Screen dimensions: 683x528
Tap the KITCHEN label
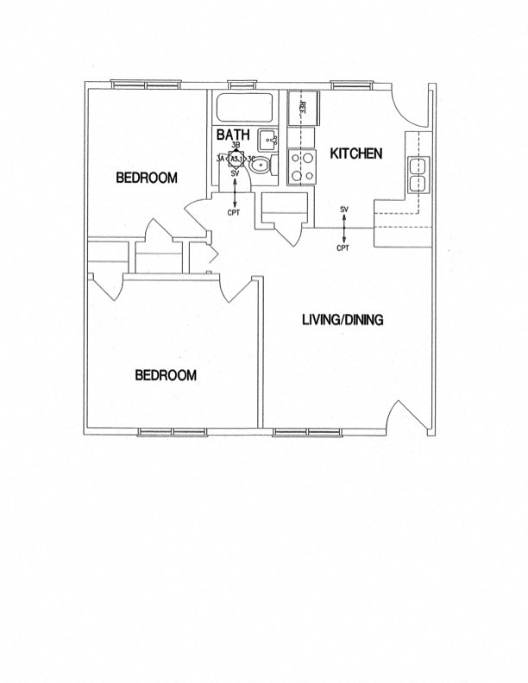pos(355,154)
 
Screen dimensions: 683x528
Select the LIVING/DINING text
pos(343,320)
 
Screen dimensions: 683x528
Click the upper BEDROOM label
pos(147,179)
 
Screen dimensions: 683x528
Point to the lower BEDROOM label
pos(166,375)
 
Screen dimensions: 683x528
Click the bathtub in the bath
pos(243,109)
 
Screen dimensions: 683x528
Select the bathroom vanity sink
pos(268,138)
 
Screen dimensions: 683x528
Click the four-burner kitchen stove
pos(301,166)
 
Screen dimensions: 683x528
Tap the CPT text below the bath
pos(234,212)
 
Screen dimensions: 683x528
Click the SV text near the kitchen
pos(343,210)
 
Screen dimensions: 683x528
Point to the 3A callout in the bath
pos(220,160)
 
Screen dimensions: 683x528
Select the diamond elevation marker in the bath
pos(235,160)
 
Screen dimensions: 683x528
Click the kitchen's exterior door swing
pos(405,108)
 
